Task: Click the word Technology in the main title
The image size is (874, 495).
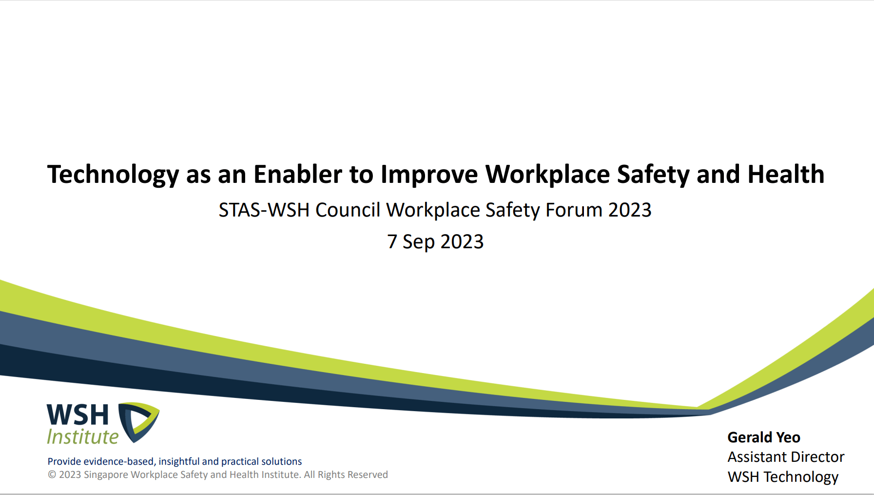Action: (x=113, y=175)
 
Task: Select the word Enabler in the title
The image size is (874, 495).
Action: (x=298, y=174)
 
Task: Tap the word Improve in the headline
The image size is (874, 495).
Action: (x=429, y=175)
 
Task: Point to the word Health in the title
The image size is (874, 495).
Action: (x=786, y=174)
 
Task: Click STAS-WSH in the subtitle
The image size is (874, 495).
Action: (x=264, y=210)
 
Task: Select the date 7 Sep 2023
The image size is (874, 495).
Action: (x=435, y=241)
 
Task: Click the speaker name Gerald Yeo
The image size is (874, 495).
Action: (x=764, y=437)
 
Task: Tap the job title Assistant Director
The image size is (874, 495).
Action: (x=786, y=457)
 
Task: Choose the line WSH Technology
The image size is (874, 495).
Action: (x=783, y=477)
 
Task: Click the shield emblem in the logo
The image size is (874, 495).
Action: (x=139, y=422)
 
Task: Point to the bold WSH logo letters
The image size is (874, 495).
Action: (x=78, y=415)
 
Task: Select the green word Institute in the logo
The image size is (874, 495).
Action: (x=83, y=437)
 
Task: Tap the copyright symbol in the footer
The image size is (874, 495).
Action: (x=52, y=475)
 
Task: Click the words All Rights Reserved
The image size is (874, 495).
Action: (x=346, y=475)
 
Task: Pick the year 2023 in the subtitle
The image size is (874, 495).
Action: (x=630, y=210)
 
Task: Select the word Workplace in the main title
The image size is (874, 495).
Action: (x=547, y=175)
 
